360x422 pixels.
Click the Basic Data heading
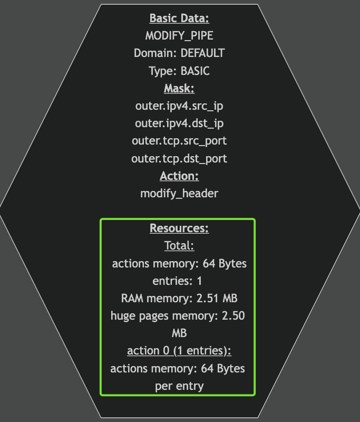coord(179,18)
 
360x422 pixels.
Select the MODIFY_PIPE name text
coord(179,36)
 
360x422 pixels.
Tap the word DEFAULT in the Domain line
coord(202,53)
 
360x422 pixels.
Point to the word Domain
coord(155,53)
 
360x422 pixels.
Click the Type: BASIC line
coord(179,71)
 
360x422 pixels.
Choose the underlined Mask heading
coord(179,88)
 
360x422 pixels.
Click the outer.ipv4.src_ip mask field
coord(179,105)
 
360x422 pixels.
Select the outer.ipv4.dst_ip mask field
coord(179,123)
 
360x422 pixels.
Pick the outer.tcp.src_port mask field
coord(179,141)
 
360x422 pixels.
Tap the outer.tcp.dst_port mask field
coord(179,158)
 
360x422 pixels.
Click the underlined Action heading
coord(179,176)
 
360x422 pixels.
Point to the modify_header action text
coord(179,193)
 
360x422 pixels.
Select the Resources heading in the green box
coord(179,228)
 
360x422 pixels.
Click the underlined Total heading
coord(179,246)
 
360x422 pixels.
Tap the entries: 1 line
coord(178,281)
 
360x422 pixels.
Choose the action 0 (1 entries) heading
coord(179,351)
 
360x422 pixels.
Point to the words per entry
coord(179,386)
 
